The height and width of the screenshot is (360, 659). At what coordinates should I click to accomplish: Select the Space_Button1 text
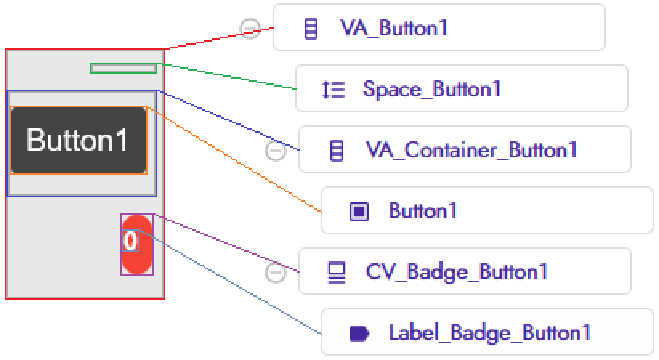pos(431,89)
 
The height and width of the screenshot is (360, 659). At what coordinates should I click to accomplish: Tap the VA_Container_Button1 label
pos(471,150)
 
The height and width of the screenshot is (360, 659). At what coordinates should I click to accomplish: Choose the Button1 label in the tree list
pos(422,211)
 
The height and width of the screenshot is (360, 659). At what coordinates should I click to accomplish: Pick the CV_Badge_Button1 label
pos(456,272)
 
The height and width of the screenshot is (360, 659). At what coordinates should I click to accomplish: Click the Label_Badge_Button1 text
pos(489,333)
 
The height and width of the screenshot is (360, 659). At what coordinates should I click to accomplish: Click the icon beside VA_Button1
pos(311,30)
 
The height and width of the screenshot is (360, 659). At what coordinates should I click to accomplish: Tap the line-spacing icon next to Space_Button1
pos(334,89)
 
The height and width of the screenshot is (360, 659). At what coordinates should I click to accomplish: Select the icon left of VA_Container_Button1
pos(337,150)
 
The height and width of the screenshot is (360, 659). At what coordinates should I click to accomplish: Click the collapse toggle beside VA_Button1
pos(250,30)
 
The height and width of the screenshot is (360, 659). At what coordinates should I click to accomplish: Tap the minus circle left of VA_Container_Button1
pos(275,151)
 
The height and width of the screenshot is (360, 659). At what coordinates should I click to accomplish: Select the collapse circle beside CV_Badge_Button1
pos(275,273)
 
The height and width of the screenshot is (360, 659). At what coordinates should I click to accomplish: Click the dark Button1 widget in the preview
pos(79,140)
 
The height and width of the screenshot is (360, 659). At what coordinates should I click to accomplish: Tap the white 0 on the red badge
pos(131,240)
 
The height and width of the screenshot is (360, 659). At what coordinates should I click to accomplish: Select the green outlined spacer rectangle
pos(123,68)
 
